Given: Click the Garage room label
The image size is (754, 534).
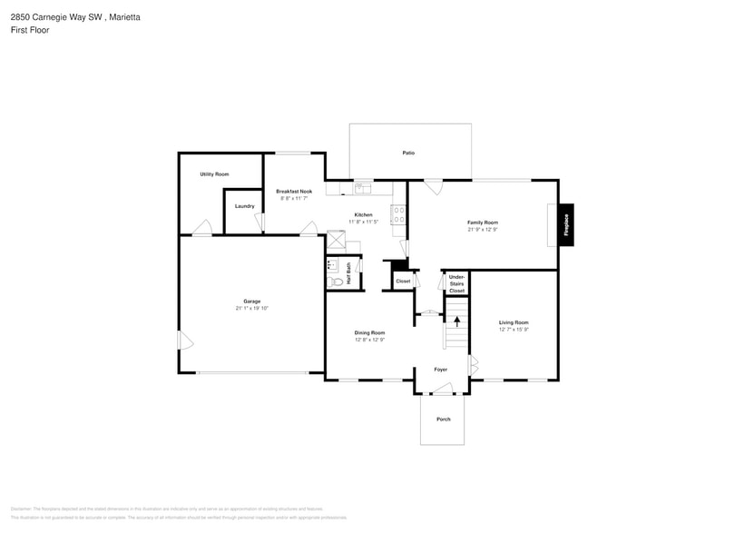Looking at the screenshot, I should point(251,302).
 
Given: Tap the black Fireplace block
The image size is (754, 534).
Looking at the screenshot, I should point(566,224).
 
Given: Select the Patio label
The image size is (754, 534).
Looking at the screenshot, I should point(409,153).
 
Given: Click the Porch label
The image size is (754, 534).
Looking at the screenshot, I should point(443,419).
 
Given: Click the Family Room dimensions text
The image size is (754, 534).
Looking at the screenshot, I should point(482,230).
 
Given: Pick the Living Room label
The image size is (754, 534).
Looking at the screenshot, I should point(514,322).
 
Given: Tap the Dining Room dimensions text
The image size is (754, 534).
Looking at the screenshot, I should point(369,341).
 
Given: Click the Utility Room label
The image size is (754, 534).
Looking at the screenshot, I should point(214,173).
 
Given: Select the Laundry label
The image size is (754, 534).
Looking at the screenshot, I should point(244,206).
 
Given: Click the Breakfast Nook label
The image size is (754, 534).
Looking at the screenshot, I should point(294,192).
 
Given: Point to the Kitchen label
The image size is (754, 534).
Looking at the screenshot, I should point(363,215).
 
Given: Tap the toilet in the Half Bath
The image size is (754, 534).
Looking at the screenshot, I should point(337,282).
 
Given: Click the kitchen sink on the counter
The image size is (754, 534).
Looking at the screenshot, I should point(362,188).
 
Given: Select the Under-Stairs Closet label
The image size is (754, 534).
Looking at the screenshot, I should point(456,283).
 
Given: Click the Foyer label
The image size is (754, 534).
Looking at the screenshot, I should point(440,370).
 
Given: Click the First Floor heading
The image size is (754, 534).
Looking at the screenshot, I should point(30,30).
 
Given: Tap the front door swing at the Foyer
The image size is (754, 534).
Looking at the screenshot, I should point(442,390).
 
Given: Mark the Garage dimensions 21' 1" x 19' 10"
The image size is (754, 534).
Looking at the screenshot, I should point(251,309).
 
